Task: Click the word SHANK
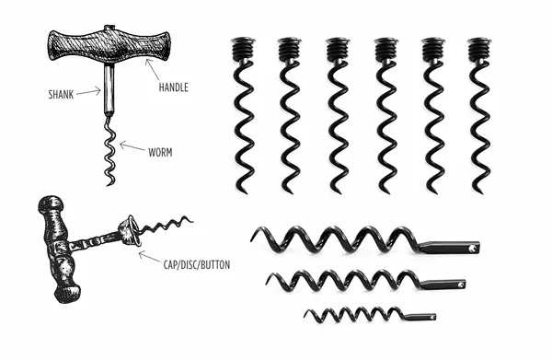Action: [61, 95]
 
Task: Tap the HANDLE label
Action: [174, 87]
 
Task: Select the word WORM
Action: [160, 153]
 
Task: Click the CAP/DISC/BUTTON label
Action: [197, 264]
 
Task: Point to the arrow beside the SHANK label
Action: [88, 92]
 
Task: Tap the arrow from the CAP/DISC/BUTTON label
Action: [149, 257]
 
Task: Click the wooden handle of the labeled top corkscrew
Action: [109, 46]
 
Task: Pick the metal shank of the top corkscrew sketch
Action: [109, 89]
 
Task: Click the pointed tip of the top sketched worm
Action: [109, 184]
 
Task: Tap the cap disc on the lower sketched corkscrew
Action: [130, 230]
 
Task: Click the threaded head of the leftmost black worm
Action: [243, 49]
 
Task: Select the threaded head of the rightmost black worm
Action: [479, 50]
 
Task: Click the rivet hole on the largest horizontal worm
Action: [473, 249]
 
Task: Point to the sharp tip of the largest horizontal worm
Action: [252, 240]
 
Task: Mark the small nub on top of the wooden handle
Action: [109, 27]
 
